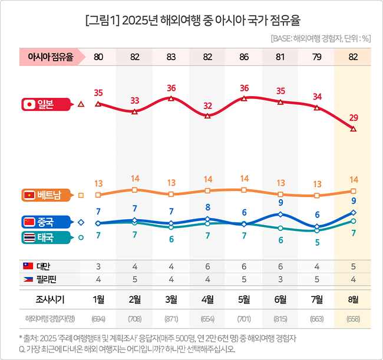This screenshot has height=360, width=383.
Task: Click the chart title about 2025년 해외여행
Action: tap(192, 21)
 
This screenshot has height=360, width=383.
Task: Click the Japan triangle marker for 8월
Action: tap(353, 128)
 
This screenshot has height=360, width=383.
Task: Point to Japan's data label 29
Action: tap(353, 118)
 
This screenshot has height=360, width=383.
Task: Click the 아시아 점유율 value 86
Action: tap(244, 57)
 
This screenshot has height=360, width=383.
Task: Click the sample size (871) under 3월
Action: tap(171, 319)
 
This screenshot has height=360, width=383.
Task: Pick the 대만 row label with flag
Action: tap(38, 266)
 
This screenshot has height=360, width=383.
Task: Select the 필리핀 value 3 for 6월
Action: tap(280, 279)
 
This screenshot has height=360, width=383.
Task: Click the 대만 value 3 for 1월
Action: tap(98, 266)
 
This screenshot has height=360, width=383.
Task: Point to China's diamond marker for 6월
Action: tap(280, 214)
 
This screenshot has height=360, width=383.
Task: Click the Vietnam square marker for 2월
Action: tap(135, 190)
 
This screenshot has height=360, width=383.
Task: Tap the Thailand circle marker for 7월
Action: tap(317, 230)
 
